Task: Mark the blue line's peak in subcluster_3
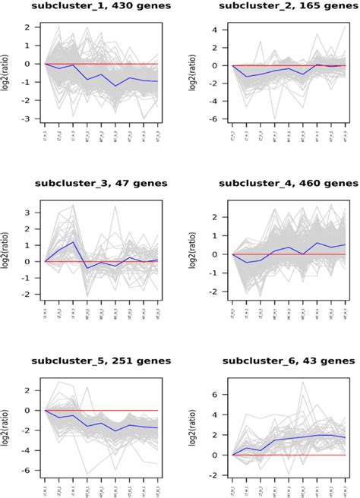tap(74, 242)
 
